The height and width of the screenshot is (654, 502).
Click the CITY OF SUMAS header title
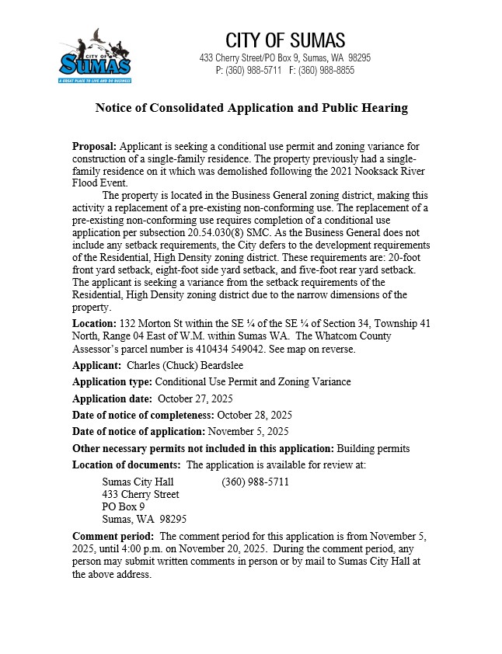click(285, 41)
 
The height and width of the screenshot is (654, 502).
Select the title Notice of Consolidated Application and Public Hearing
click(251, 108)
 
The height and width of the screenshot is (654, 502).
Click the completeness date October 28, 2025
click(255, 415)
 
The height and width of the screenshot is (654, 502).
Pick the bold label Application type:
click(112, 382)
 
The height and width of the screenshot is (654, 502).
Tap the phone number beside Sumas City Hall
click(255, 482)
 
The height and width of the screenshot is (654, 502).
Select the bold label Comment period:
click(113, 537)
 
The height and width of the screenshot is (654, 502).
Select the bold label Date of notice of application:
click(138, 431)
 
